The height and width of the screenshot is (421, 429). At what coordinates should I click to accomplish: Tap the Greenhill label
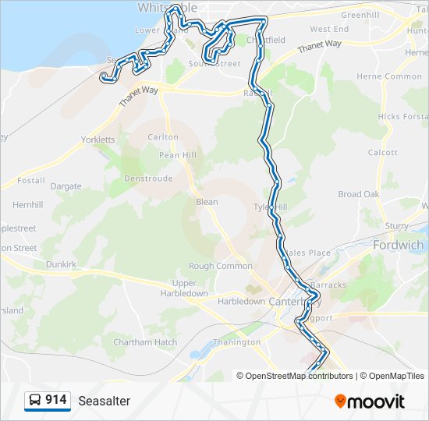360,15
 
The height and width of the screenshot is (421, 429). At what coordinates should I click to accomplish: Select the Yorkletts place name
98,140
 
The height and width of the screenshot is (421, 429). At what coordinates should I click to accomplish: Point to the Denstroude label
148,178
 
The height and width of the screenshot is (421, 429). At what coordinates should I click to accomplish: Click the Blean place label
207,202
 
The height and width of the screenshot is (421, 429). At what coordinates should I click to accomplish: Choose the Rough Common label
220,266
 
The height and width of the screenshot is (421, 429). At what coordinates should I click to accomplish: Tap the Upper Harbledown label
185,288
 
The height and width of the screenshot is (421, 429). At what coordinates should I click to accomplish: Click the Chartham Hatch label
145,342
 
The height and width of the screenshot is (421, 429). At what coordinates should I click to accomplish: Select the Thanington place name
237,342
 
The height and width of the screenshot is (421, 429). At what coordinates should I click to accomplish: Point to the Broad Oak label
359,194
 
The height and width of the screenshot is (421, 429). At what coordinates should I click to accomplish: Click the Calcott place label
383,153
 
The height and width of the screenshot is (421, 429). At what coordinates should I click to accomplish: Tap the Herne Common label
389,76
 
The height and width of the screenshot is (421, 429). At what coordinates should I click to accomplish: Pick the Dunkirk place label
62,265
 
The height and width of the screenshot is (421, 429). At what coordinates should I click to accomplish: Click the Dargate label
66,186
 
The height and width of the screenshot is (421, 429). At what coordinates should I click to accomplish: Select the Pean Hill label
178,155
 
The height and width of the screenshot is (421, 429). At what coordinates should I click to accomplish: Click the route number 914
55,400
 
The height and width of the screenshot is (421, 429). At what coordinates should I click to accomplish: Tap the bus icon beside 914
35,400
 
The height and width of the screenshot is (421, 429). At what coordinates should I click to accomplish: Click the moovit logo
370,401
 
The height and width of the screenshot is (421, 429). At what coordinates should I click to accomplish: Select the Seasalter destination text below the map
104,401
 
